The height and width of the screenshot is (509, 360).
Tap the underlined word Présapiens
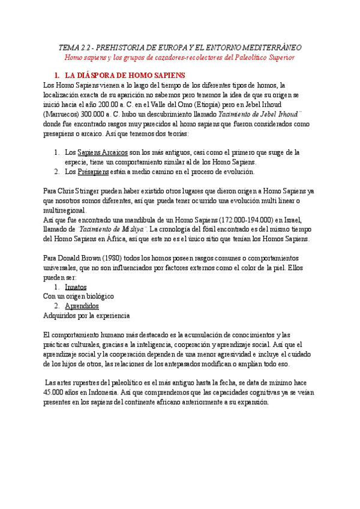[x=94, y=172]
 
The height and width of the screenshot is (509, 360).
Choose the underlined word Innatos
[x=76, y=287]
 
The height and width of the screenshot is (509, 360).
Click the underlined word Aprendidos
[x=82, y=306]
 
